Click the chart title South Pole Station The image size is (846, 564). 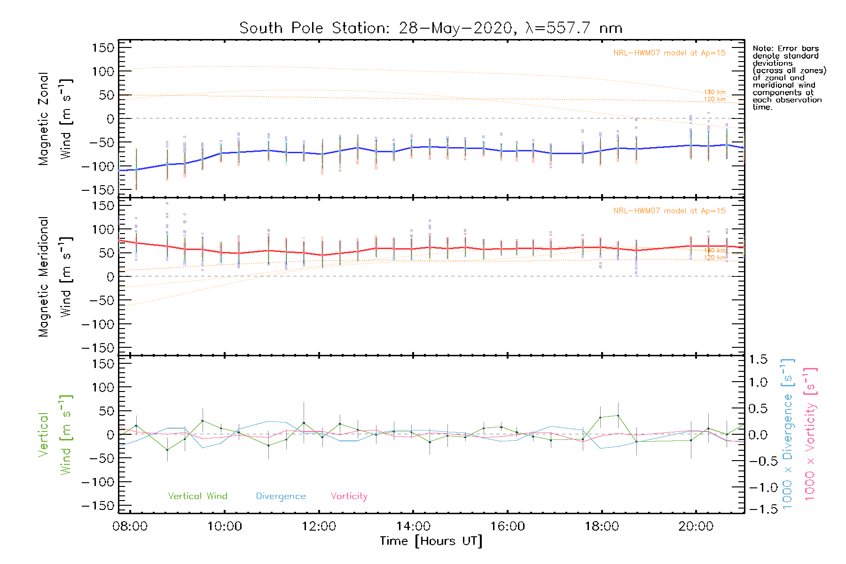click(431, 28)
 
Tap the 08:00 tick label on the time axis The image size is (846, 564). click(130, 526)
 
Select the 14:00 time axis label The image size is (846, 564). click(413, 526)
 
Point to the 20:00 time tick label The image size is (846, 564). click(696, 526)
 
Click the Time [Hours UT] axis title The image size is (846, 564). click(431, 541)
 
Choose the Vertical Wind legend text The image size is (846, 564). click(197, 496)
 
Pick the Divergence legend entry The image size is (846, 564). click(281, 496)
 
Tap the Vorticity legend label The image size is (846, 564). click(349, 496)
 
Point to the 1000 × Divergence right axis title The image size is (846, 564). click(787, 433)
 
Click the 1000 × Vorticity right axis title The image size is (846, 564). click(810, 433)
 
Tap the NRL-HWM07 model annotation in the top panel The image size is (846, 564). click(669, 53)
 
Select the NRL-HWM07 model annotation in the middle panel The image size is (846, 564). click(669, 211)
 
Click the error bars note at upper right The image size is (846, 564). click(789, 78)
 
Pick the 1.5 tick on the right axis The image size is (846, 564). click(758, 360)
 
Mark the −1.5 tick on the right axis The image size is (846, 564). click(758, 509)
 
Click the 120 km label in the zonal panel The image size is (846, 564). click(715, 100)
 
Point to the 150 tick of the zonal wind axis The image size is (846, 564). click(103, 48)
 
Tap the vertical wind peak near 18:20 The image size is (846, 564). click(618, 415)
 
